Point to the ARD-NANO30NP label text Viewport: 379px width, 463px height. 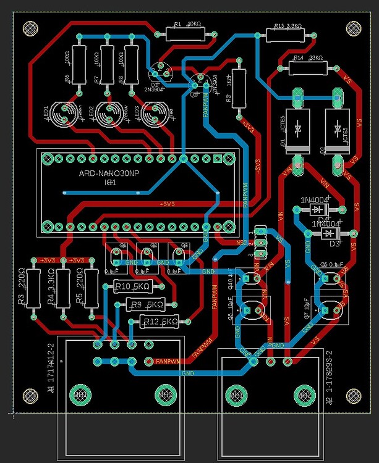click(x=109, y=175)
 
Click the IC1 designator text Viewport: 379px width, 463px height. click(x=109, y=183)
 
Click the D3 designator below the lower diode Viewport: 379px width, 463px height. click(x=335, y=244)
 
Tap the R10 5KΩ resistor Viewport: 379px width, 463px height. click(x=132, y=286)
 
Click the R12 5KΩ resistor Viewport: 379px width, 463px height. click(x=160, y=321)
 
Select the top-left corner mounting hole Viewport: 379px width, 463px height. click(x=28, y=28)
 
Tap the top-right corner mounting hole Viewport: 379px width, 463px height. click(x=354, y=28)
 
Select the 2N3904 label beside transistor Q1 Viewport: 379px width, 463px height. click(x=154, y=88)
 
